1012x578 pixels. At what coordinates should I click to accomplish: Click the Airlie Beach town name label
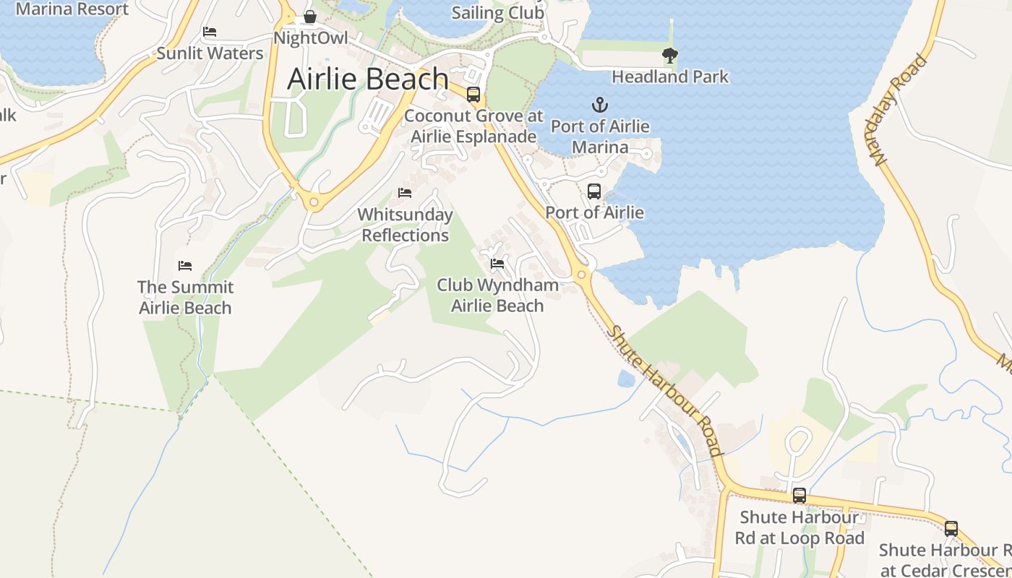point(368,79)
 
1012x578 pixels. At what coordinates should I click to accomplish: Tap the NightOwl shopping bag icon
point(310,17)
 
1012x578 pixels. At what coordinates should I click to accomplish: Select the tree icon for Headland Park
point(670,55)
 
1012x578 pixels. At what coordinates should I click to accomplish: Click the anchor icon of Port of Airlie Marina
point(599,105)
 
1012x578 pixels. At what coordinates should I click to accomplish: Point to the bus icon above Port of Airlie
point(594,191)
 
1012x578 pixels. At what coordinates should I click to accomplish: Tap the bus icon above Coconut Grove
point(473,95)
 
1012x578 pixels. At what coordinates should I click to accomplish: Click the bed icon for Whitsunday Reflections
point(405,193)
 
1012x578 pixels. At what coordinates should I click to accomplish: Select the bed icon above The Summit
point(185,266)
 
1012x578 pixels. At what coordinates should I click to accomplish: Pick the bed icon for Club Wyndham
point(497,264)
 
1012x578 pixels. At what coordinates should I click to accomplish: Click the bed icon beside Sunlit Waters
point(210,32)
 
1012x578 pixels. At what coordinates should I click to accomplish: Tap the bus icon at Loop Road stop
point(799,496)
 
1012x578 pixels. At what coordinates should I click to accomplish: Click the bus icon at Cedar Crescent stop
point(951,529)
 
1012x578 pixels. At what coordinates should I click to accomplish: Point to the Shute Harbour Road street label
point(666,391)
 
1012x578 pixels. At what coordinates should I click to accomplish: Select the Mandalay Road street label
point(900,110)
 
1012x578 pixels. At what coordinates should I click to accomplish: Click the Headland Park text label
point(670,77)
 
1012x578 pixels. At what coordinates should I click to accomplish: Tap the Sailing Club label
point(498,13)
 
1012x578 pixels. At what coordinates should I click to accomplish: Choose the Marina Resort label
point(72,9)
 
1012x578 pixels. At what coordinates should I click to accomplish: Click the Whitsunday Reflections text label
point(406,225)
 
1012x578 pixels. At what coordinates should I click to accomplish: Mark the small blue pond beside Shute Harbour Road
point(626,379)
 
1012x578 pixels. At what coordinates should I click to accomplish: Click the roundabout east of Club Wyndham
point(582,275)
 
